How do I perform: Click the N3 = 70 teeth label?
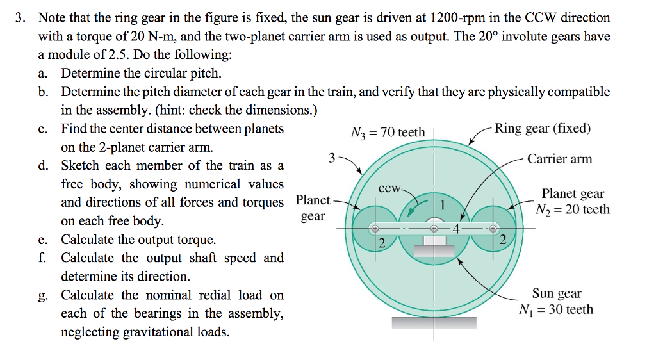coord(388,133)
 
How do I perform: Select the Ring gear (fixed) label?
coord(543,128)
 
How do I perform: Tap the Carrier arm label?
coord(559,159)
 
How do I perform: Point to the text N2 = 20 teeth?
coord(573,209)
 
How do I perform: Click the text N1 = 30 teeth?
coord(556,309)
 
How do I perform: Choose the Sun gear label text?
coord(557,293)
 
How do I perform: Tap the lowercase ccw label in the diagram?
coord(389,188)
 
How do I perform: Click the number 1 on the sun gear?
coord(443,205)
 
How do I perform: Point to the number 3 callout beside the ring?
coord(332,158)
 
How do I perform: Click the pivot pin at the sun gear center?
coord(434,229)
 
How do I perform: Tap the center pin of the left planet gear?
coord(375,229)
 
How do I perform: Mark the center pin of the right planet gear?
coord(493,229)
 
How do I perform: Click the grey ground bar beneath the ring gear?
coord(434,323)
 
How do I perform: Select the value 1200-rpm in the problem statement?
coord(457,18)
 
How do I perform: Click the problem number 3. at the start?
coord(20,18)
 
